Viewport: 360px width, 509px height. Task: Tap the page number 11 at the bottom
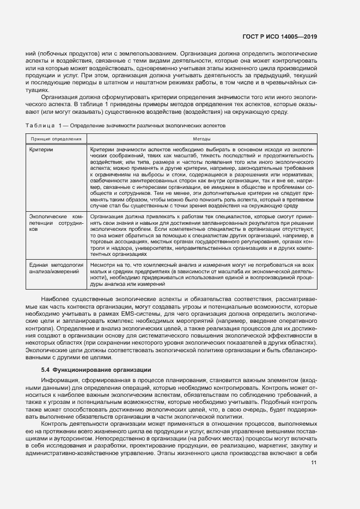(314, 463)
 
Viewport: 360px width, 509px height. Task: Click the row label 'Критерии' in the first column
(41, 148)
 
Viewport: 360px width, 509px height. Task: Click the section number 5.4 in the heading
(45, 370)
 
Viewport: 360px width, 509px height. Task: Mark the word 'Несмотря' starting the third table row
(102, 264)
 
